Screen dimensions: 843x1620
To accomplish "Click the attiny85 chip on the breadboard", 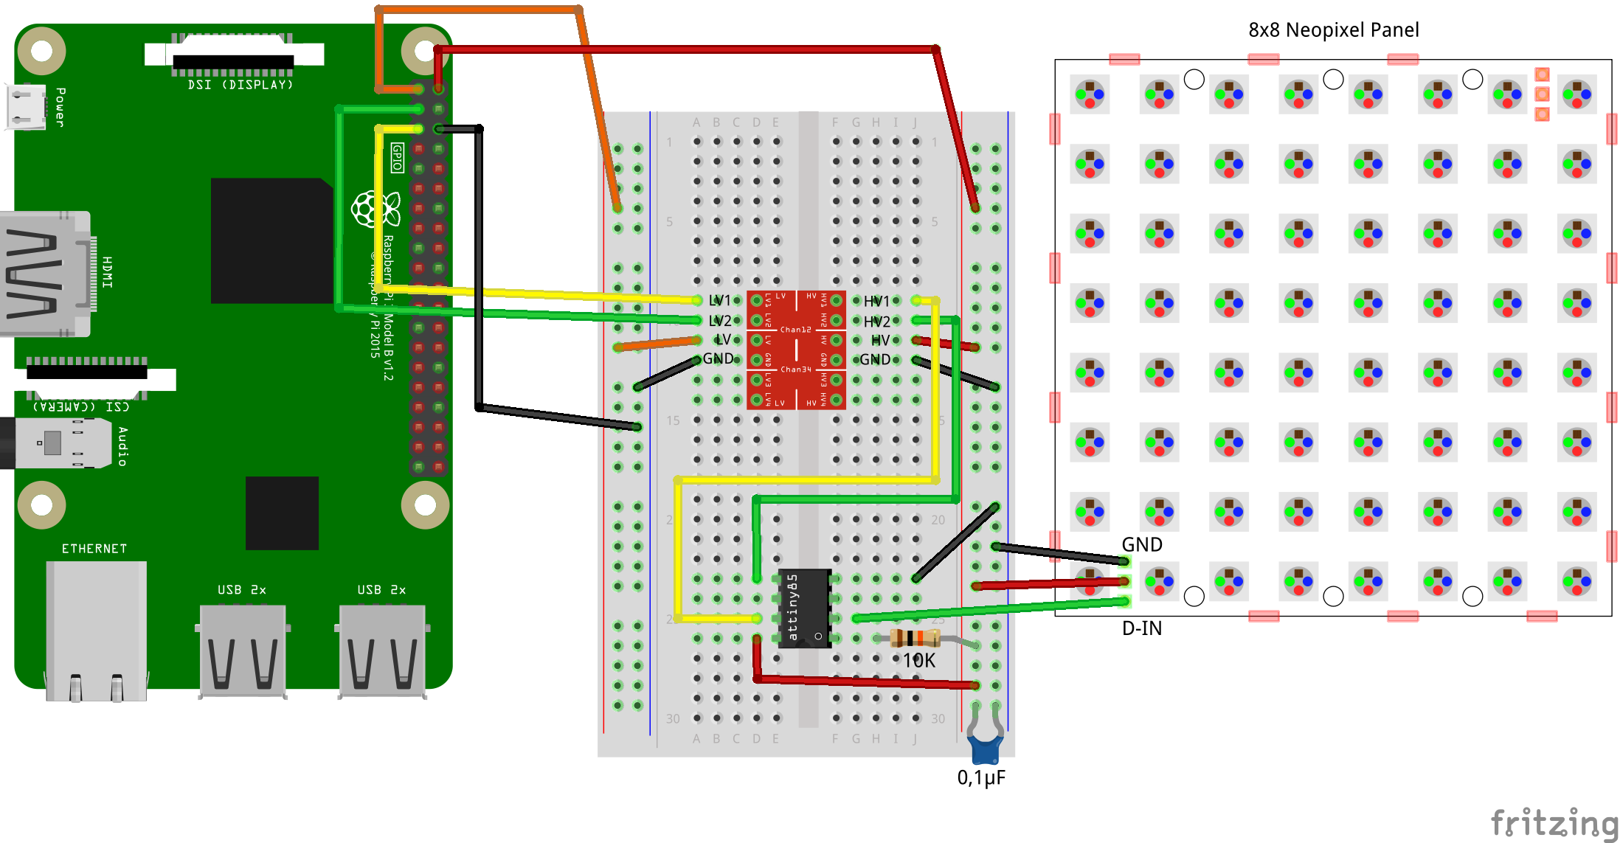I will click(x=805, y=608).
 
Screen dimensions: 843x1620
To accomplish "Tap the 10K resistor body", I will click(x=915, y=638).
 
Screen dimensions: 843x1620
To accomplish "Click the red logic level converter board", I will click(x=796, y=350).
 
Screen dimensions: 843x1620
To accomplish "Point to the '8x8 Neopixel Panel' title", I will click(x=1333, y=30).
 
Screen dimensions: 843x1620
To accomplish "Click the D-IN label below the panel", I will click(x=1141, y=628).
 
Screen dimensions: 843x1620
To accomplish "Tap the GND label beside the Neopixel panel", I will click(x=1141, y=544).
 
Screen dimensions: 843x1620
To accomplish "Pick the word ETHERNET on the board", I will click(x=94, y=549).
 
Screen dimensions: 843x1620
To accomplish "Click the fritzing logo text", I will click(x=1553, y=822).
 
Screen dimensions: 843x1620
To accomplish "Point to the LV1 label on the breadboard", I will click(x=719, y=301).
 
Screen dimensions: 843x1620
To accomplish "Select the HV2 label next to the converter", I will click(x=877, y=322).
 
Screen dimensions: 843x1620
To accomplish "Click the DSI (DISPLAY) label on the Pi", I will click(x=240, y=85).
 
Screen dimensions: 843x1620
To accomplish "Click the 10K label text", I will click(x=919, y=661).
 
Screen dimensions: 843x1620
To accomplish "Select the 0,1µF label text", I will click(x=981, y=778).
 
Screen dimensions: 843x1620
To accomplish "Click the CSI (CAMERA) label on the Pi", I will click(x=81, y=406).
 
